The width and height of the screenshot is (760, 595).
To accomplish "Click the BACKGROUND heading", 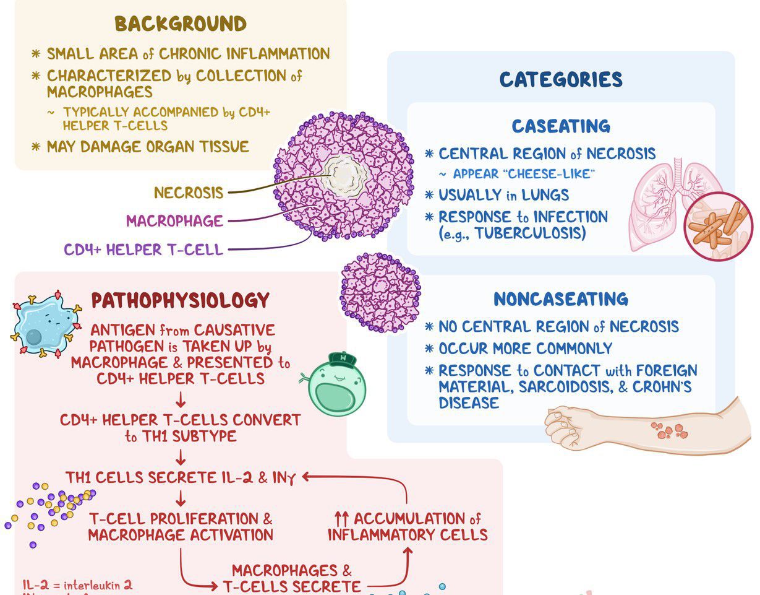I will [181, 24].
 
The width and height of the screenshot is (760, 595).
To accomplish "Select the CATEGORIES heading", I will [561, 80].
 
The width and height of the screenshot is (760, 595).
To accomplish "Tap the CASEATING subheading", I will [561, 127].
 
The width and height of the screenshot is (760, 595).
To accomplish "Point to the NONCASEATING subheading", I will [561, 300].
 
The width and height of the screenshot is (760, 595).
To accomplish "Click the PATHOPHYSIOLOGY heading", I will [181, 301].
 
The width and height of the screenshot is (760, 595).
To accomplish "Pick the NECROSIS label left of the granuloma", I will [189, 193].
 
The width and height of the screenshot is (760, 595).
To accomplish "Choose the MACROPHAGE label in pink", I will [174, 221].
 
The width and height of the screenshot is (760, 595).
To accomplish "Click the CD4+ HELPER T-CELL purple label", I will [143, 250].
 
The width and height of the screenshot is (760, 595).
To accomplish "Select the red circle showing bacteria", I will [719, 226].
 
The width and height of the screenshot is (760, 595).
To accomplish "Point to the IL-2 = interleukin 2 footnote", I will [77, 585].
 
